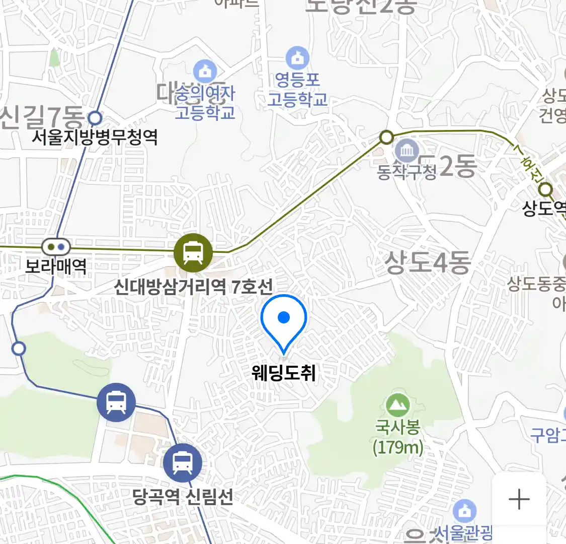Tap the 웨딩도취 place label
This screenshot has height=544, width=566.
point(284,373)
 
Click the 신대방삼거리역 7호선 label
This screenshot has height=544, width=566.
point(193,287)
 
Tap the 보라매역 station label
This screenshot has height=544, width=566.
point(56,265)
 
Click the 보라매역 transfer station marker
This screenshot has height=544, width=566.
point(56,247)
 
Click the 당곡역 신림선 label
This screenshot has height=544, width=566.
point(183,497)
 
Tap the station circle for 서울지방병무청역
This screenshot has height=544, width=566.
point(95,118)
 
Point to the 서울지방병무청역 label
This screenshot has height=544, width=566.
point(95,137)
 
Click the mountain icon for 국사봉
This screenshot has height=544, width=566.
point(398,404)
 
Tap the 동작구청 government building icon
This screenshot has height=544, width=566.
point(407,150)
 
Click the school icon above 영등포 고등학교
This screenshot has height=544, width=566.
point(298,58)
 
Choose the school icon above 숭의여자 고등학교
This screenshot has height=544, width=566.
point(205,72)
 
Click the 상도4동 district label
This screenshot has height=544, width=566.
point(428,262)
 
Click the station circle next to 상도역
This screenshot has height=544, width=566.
point(545,190)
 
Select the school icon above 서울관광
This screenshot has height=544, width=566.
point(464,511)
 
